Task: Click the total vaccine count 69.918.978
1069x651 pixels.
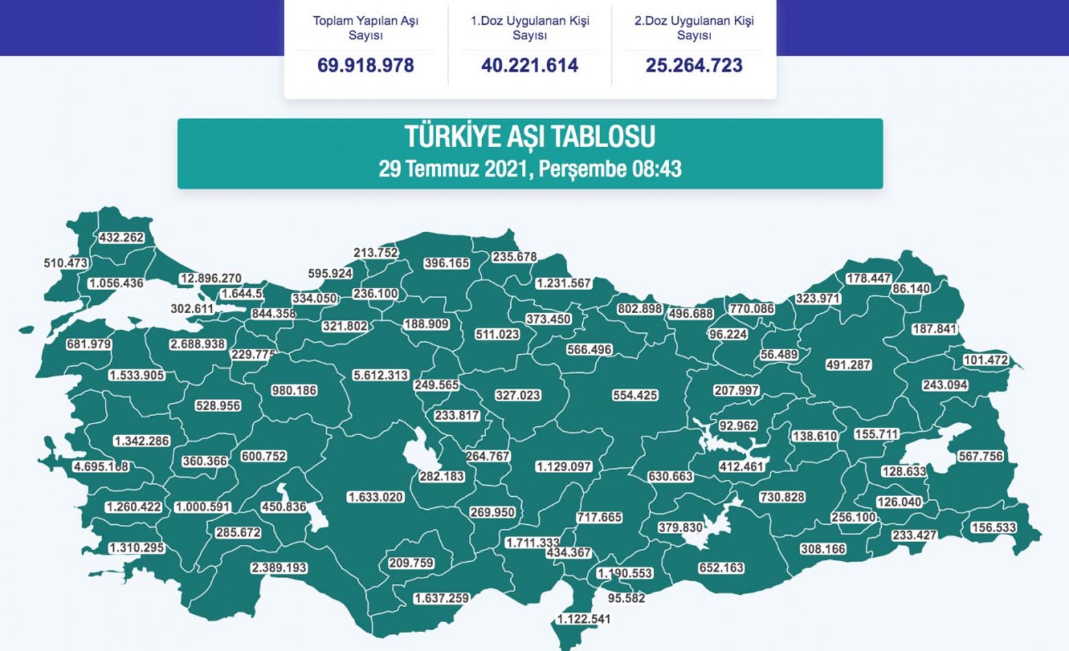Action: [x=365, y=65]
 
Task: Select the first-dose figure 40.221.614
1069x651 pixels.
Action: [x=529, y=65]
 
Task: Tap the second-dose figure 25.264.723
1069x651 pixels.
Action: [x=694, y=65]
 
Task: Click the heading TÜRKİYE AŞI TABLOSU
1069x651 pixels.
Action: [x=529, y=136]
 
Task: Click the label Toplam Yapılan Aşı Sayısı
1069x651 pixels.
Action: [x=365, y=27]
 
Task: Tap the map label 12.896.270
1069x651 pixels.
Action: [x=211, y=278]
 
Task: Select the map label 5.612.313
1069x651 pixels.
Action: [x=381, y=376]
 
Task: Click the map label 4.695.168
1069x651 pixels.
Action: [x=101, y=467]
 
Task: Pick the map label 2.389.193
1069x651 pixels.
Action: [x=279, y=568]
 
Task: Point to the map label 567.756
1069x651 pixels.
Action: [x=981, y=456]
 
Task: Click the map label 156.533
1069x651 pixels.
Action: [x=994, y=528]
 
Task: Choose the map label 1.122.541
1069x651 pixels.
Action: [x=584, y=619]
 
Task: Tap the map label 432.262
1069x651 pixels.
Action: [x=121, y=238]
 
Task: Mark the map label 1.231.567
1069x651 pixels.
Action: [x=564, y=283]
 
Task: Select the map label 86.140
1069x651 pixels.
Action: [x=911, y=289]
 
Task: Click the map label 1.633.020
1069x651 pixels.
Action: [x=376, y=497]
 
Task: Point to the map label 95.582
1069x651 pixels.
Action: [x=626, y=598]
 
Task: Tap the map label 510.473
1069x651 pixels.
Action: [x=66, y=263]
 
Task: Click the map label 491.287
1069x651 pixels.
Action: [x=848, y=365]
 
